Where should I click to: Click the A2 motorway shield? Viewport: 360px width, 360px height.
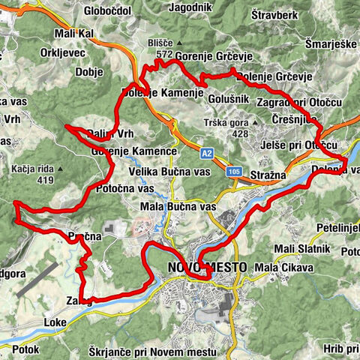207,152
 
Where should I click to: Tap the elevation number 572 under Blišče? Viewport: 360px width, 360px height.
165,55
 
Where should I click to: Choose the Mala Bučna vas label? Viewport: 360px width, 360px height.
178,206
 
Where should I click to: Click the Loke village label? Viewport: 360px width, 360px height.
55,322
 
